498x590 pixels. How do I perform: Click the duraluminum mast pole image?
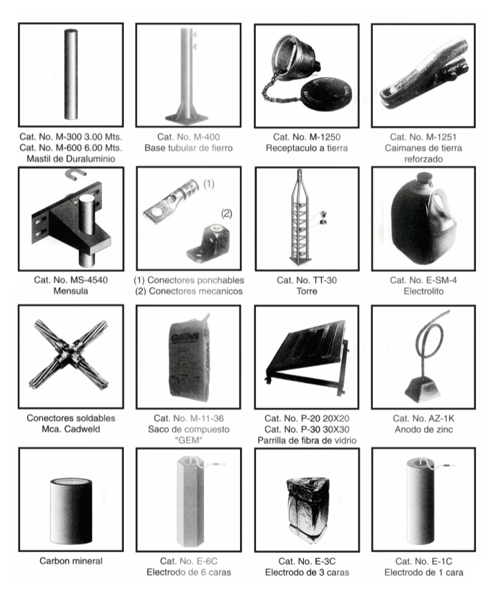(x=71, y=75)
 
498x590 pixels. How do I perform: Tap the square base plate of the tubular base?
(x=187, y=118)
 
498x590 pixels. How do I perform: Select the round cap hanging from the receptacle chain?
(x=327, y=94)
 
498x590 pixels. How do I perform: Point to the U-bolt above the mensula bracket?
(x=75, y=174)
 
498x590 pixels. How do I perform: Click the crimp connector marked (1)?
(x=170, y=199)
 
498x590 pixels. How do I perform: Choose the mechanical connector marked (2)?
(x=209, y=243)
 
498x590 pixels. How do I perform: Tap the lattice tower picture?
(x=300, y=218)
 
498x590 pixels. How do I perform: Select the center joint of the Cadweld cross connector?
(x=69, y=354)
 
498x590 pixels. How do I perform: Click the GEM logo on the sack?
(x=184, y=338)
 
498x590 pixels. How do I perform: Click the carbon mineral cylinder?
(x=71, y=511)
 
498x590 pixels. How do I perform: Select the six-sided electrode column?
(x=190, y=501)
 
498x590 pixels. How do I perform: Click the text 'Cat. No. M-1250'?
(x=306, y=137)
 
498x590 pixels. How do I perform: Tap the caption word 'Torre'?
(x=306, y=291)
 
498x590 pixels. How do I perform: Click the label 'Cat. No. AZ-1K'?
(x=423, y=418)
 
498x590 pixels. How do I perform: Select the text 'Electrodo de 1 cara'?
(x=423, y=572)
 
